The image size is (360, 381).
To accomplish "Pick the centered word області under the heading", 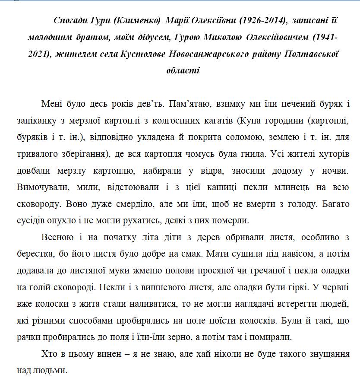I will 183,70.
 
